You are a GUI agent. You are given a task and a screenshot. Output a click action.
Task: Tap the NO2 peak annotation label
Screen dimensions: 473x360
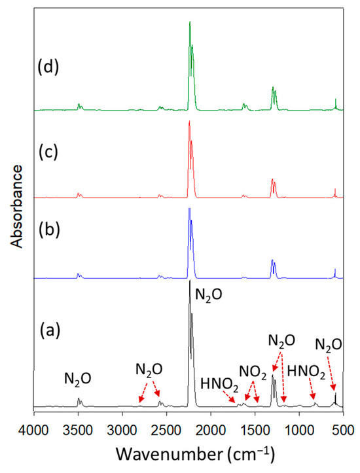pos(252,371)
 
